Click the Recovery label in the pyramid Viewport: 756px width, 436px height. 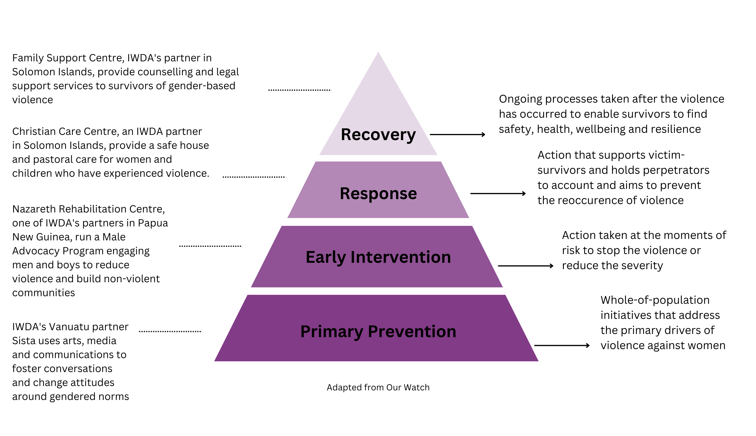(x=378, y=135)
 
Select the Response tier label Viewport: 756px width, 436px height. (x=378, y=194)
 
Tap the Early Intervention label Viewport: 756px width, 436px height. (x=378, y=257)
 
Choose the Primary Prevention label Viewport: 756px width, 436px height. (x=378, y=331)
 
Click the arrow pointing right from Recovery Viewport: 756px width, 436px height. (x=457, y=135)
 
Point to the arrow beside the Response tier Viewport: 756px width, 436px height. (x=498, y=194)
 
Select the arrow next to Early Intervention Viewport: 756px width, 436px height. (x=525, y=266)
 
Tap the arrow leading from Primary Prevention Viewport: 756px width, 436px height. (x=561, y=345)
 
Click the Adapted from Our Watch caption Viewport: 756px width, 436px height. (x=378, y=387)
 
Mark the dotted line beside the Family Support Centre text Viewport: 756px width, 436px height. (x=299, y=90)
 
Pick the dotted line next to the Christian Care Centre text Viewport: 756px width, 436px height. (x=254, y=177)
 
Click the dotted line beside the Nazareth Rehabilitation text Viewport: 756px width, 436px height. (x=211, y=246)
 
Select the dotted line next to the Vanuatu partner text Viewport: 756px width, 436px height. (x=170, y=331)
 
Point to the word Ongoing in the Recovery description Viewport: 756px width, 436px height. (x=520, y=99)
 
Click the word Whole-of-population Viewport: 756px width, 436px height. (x=655, y=300)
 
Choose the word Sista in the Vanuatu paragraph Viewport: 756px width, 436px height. (x=22, y=341)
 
